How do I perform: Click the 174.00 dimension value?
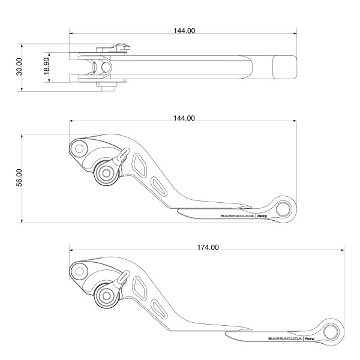tap(207, 247)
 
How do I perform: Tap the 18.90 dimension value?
tap(47, 67)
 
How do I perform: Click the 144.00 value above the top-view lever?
tap(184, 31)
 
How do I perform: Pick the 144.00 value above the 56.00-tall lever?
tap(184, 118)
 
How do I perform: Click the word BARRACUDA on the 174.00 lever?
tap(281, 339)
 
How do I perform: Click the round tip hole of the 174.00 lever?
tap(330, 331)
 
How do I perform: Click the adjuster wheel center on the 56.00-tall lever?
tap(107, 173)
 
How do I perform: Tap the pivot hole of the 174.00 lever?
tap(79, 272)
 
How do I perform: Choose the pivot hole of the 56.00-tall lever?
tap(79, 147)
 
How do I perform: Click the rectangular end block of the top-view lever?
tap(284, 67)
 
